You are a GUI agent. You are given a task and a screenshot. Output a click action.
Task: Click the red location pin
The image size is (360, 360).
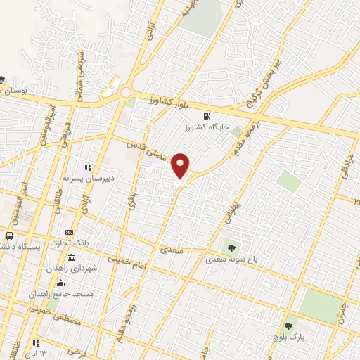[181, 165]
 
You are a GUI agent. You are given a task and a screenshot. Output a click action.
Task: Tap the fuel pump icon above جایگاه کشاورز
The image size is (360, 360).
[205, 116]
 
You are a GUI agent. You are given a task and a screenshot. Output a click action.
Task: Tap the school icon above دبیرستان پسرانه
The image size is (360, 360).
[88, 167]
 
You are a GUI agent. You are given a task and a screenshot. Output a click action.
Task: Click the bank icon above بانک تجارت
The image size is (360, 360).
[69, 232]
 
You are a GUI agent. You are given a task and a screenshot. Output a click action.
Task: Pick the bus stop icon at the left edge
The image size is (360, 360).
[11, 236]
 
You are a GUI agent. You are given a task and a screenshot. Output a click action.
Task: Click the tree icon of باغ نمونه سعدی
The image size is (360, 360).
[231, 247]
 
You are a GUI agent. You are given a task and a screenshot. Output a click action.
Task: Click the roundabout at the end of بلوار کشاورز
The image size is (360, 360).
[125, 92]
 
